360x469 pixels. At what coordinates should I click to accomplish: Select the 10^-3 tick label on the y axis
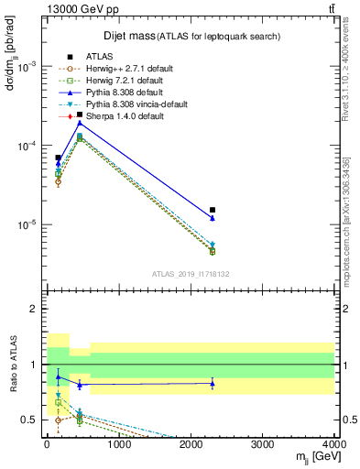click(27, 67)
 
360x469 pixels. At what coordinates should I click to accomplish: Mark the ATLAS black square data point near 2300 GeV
click(213, 210)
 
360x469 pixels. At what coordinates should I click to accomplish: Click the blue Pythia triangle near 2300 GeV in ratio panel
click(213, 383)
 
